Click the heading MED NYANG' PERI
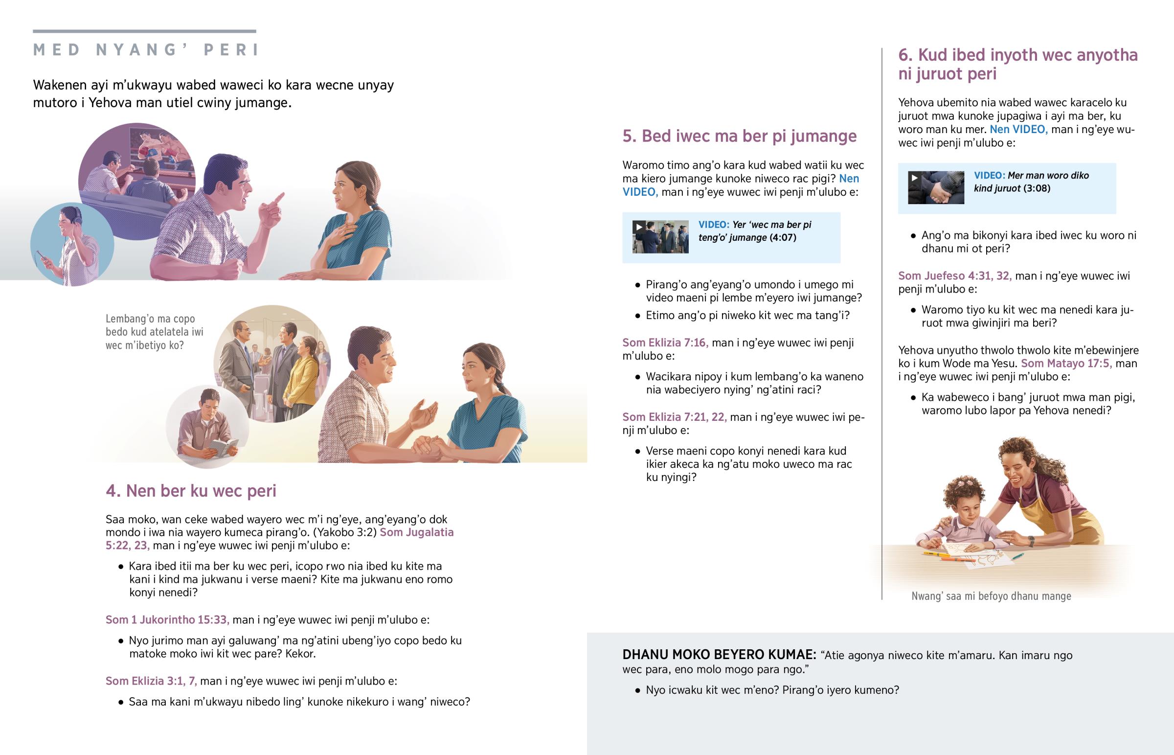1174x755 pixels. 145,50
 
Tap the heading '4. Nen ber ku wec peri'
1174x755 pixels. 191,491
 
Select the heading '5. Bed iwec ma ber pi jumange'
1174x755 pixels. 740,136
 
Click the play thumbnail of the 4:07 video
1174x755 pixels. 660,237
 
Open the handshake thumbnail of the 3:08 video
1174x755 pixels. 936,187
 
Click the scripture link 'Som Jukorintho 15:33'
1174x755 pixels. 168,619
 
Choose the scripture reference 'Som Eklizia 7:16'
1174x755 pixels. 665,343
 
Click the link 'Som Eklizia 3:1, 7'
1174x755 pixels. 152,681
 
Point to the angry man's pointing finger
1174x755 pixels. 278,199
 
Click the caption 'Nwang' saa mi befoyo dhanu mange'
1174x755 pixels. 991,596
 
